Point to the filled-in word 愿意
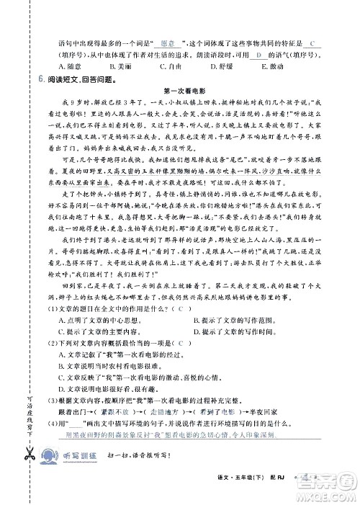(168, 43)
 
